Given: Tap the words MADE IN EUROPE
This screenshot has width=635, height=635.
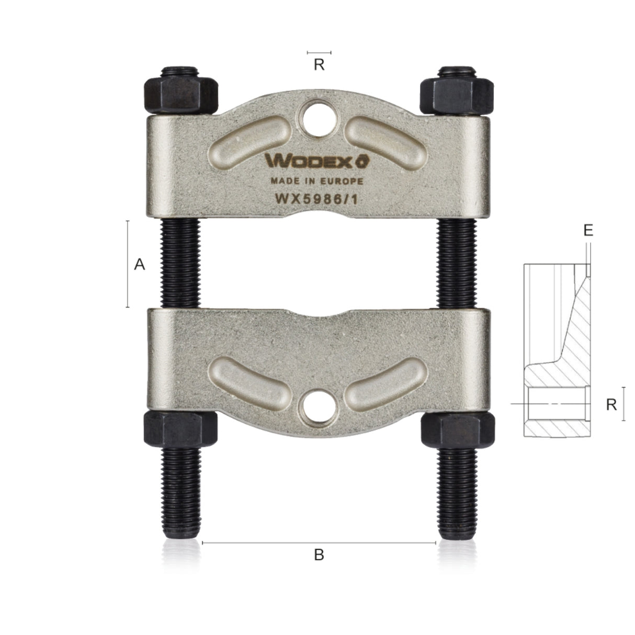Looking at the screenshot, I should click(x=316, y=181).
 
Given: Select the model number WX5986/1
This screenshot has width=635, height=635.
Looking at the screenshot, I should click(x=316, y=199).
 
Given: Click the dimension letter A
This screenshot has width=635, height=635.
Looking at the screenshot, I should click(x=139, y=265).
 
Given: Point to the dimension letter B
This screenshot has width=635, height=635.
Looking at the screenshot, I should click(x=319, y=555).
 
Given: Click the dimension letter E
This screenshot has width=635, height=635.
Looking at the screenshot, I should click(x=588, y=230).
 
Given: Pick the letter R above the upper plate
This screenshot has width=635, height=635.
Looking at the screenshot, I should click(x=319, y=65).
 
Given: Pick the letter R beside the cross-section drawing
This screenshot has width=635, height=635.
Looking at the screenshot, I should click(x=611, y=404).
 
